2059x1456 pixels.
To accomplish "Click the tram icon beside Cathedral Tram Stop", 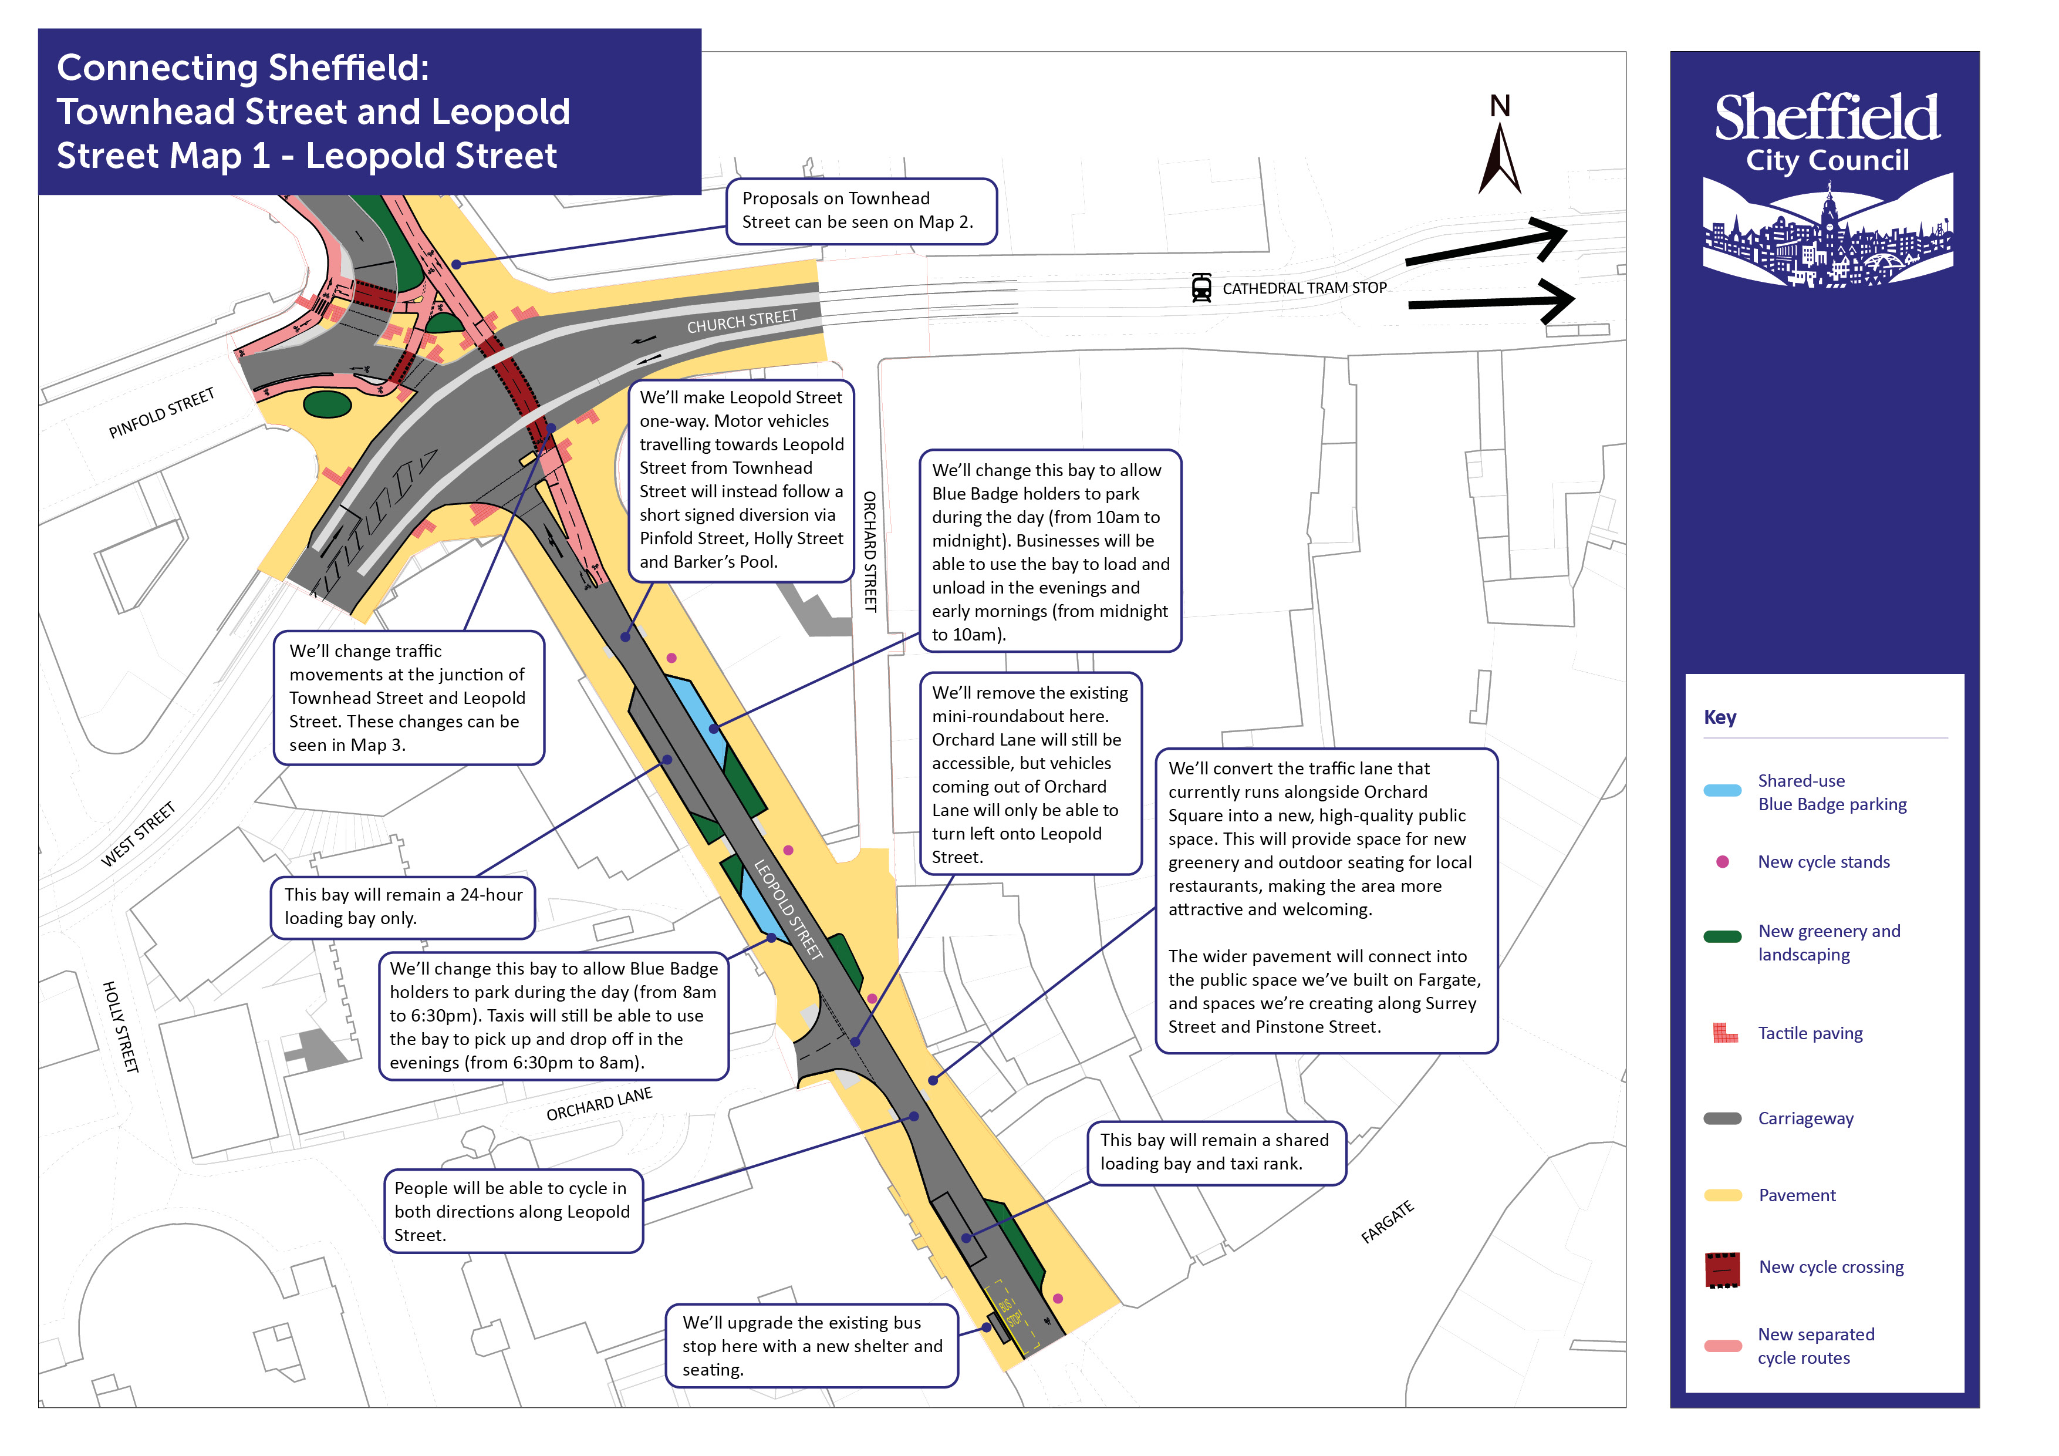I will point(1201,288).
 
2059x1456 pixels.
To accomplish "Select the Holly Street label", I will point(120,1027).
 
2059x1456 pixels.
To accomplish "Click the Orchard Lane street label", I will point(599,1104).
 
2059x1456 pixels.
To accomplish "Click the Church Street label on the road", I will point(742,321).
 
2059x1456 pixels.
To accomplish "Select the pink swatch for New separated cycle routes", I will point(1722,1346).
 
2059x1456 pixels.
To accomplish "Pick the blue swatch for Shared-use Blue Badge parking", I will point(1722,791).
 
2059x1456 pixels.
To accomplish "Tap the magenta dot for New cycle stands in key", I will point(1722,862).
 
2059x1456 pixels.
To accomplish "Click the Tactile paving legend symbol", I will point(1724,1033).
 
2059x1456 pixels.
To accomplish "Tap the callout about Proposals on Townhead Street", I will point(861,211).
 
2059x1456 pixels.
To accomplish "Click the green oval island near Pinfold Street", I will point(328,405).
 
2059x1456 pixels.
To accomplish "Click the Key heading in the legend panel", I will point(1719,717).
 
